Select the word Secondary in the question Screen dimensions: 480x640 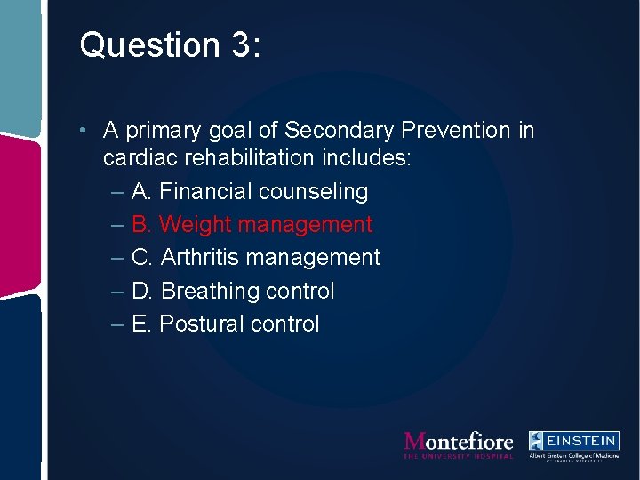pos(340,131)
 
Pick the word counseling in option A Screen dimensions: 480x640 pos(313,192)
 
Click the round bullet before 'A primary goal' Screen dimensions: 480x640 pos(81,132)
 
